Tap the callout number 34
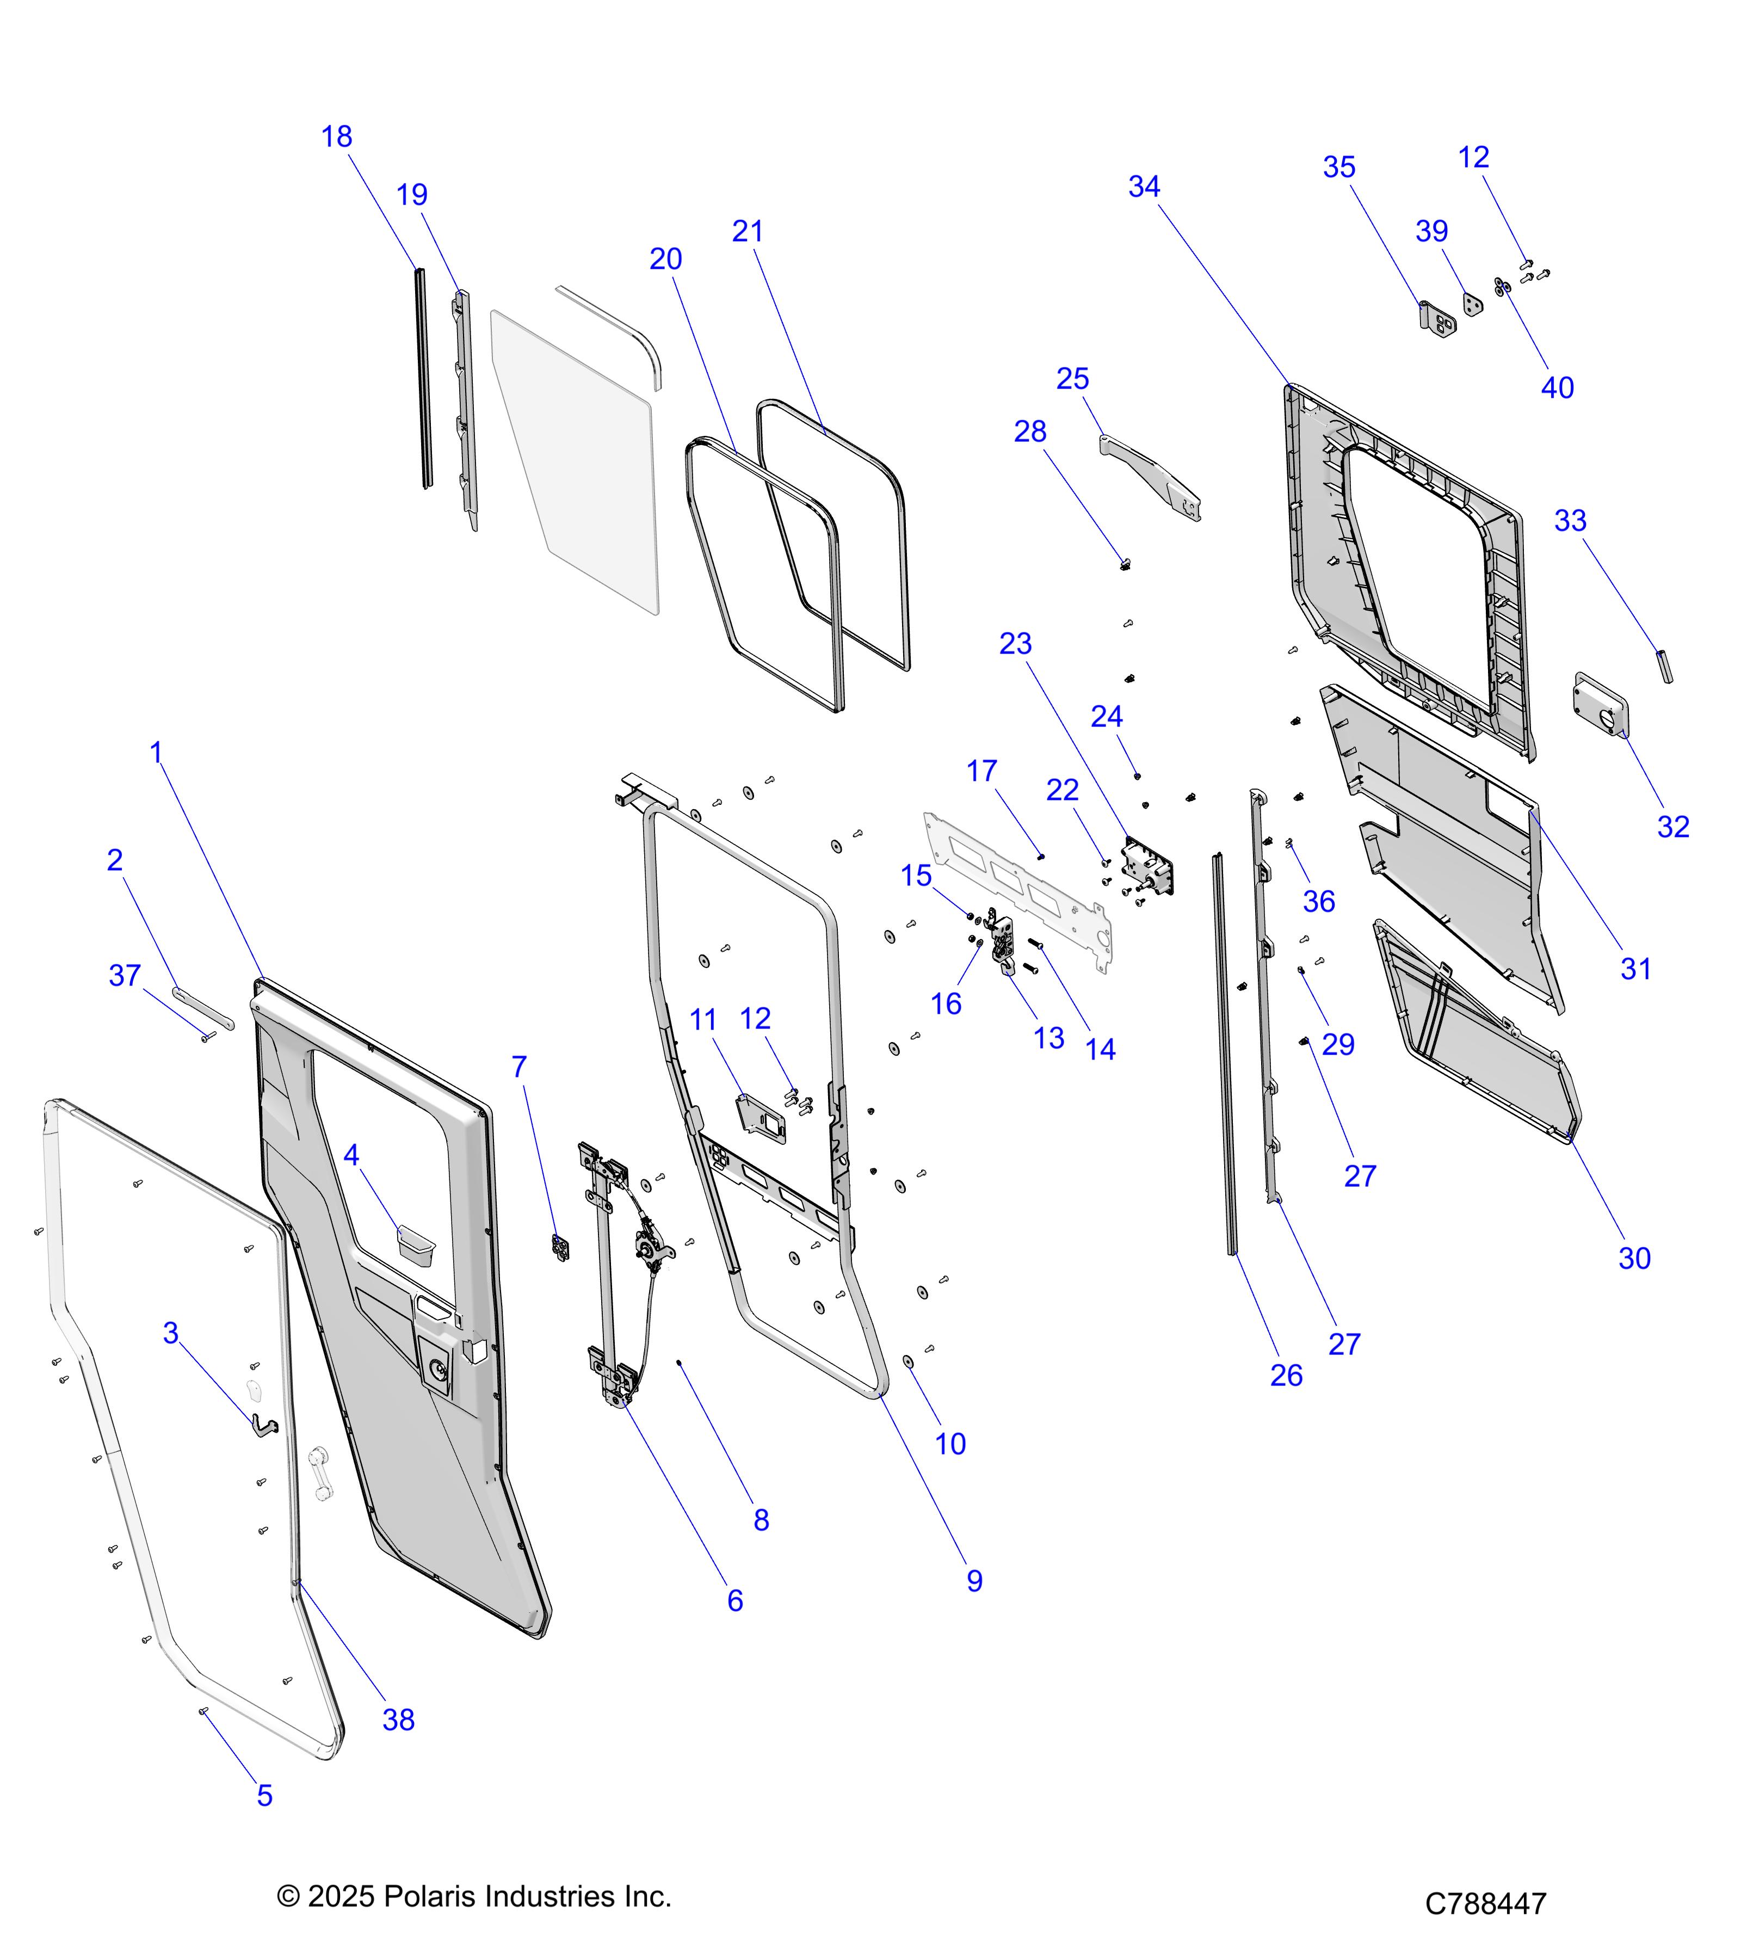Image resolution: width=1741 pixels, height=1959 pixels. pos(1144,186)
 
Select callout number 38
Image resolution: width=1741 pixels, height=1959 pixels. pos(399,1720)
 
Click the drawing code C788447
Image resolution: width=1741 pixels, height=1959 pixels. pos(1485,1903)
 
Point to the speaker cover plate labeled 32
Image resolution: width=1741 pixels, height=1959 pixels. pos(1600,705)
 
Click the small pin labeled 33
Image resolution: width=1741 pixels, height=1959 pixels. pos(1666,666)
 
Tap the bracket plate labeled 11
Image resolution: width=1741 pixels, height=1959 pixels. pos(761,1118)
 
